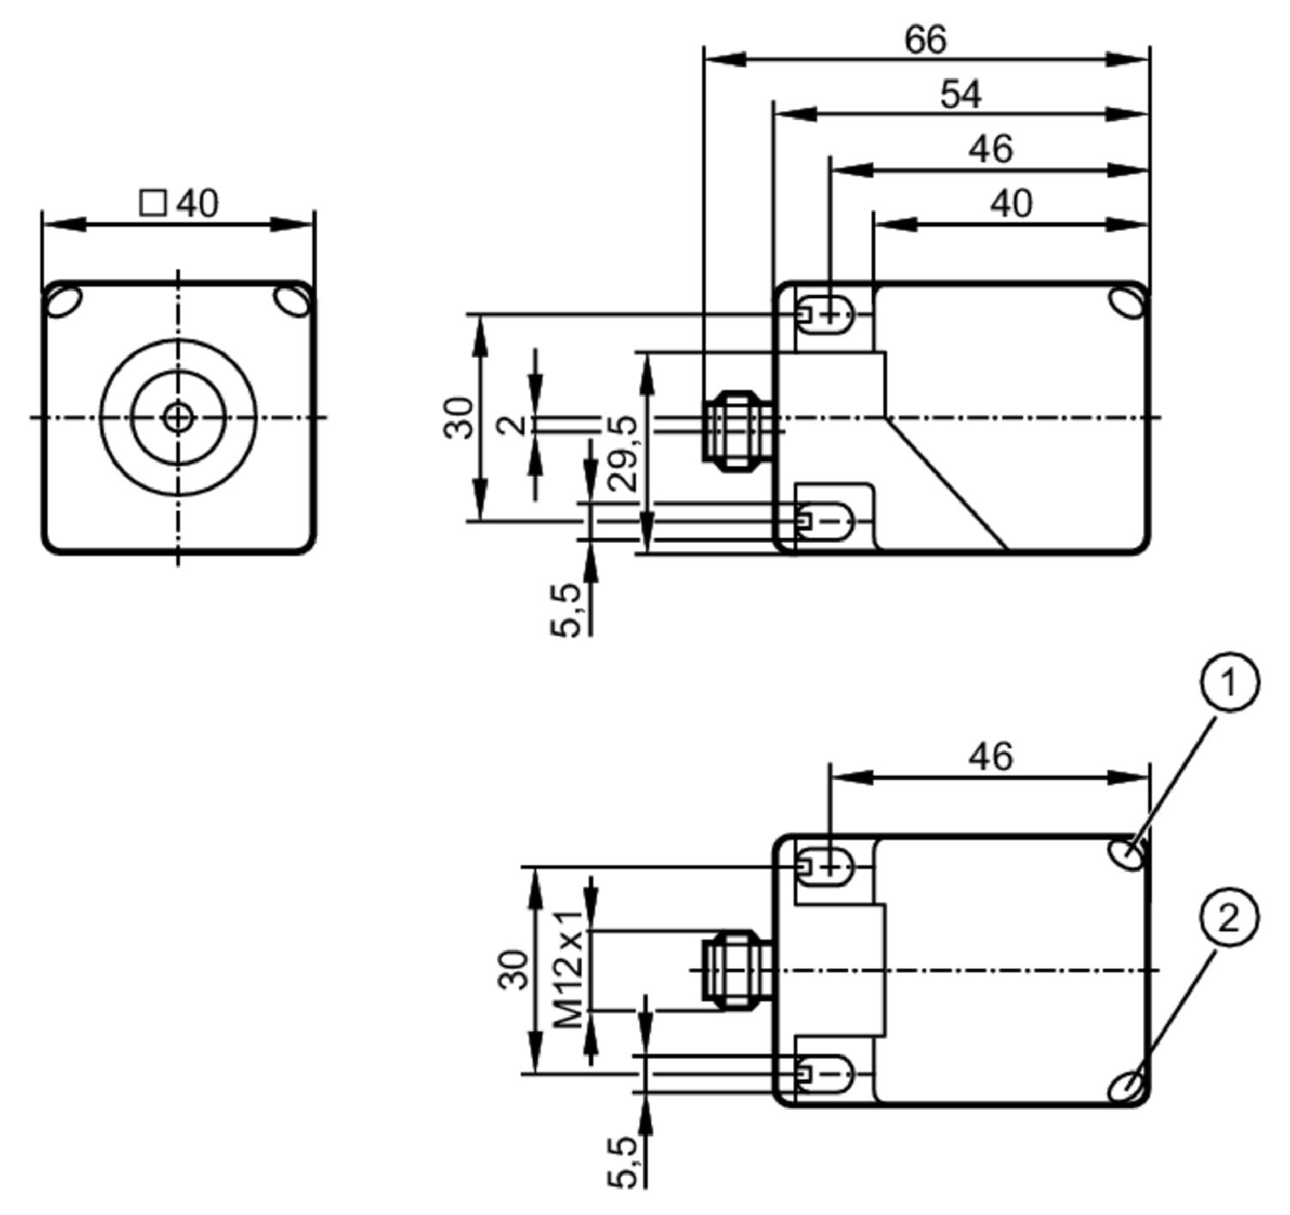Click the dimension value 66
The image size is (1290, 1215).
pyautogui.click(x=925, y=40)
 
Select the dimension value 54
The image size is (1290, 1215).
pyautogui.click(x=961, y=96)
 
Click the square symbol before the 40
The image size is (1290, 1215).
pyautogui.click(x=152, y=203)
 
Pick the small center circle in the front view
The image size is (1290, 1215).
pyautogui.click(x=178, y=417)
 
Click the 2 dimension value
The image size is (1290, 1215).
pyautogui.click(x=513, y=425)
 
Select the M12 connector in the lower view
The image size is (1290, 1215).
pyautogui.click(x=736, y=971)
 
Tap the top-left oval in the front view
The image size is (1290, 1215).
pyautogui.click(x=64, y=302)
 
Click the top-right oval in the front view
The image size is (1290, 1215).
pyautogui.click(x=293, y=302)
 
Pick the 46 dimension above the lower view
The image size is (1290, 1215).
pyautogui.click(x=990, y=756)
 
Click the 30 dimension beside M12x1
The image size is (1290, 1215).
pyautogui.click(x=513, y=969)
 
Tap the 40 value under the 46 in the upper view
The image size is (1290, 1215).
pyautogui.click(x=1011, y=203)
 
